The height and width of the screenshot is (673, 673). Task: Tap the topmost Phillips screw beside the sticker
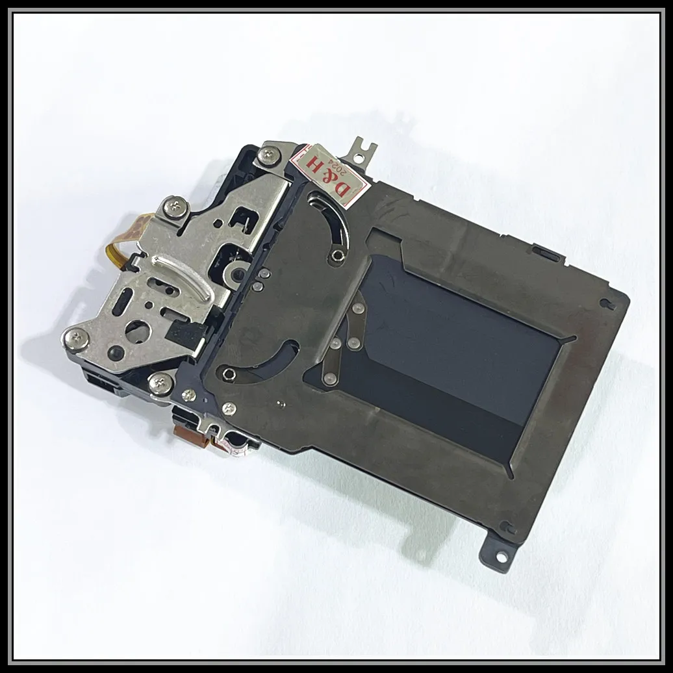point(268,154)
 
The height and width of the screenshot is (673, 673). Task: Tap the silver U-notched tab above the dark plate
point(361,151)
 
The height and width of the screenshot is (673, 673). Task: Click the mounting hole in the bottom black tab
point(502,556)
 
